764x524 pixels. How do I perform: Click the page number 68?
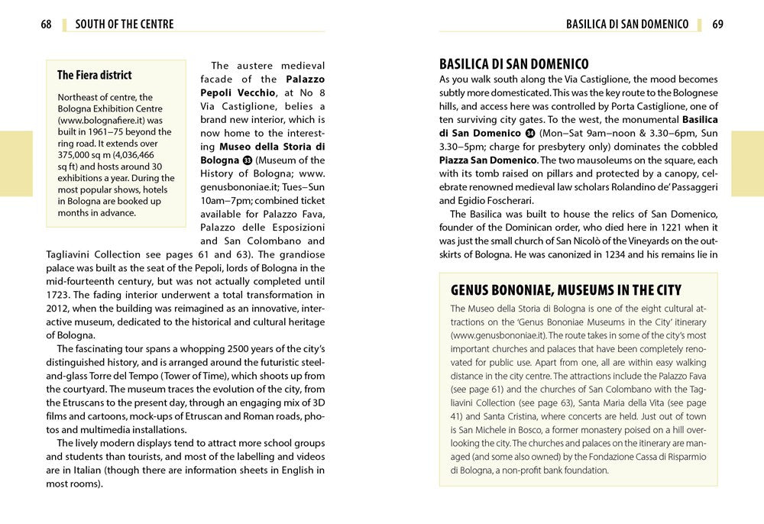pyautogui.click(x=46, y=24)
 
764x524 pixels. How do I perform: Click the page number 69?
pyautogui.click(x=717, y=24)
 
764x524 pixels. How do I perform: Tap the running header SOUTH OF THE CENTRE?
pyautogui.click(x=125, y=24)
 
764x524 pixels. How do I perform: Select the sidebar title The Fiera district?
pyautogui.click(x=94, y=75)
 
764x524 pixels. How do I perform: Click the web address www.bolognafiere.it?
pyautogui.click(x=110, y=121)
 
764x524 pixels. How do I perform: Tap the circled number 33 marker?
pyautogui.click(x=248, y=160)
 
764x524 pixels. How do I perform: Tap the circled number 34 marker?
pyautogui.click(x=530, y=134)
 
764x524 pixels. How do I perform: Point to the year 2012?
pyautogui.click(x=60, y=309)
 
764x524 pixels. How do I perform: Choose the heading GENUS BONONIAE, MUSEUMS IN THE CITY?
pyautogui.click(x=566, y=290)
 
